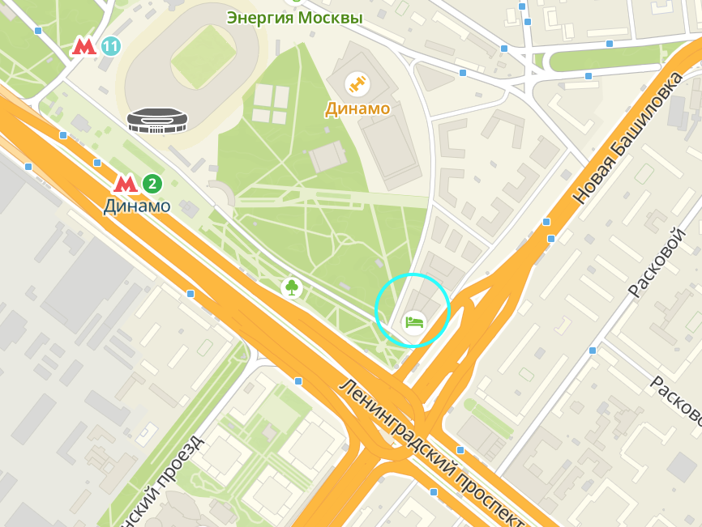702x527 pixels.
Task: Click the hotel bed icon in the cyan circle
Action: [x=414, y=321]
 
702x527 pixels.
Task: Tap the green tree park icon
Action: [x=291, y=287]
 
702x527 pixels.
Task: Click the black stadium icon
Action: [x=156, y=120]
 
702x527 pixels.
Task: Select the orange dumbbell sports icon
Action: [x=356, y=83]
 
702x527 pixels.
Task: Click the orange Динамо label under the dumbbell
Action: [x=357, y=108]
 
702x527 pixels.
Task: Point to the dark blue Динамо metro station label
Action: [x=137, y=206]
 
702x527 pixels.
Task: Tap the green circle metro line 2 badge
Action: [x=152, y=184]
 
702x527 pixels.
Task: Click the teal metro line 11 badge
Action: [x=111, y=46]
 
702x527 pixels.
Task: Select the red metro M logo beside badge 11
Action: [x=84, y=46]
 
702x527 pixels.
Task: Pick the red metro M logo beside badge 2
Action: [x=125, y=184]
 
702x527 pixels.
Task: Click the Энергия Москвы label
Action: [x=294, y=17]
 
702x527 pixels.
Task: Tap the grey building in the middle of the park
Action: [x=327, y=156]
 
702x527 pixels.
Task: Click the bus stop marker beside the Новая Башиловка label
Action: [x=546, y=221]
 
